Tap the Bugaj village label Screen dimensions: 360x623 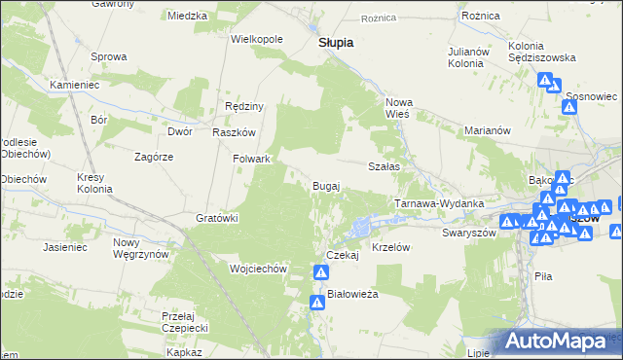click(325, 185)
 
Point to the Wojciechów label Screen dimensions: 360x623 click(257, 268)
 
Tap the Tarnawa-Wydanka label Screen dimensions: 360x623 click(439, 203)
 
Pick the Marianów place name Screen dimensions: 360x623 click(488, 129)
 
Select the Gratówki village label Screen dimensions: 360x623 click(218, 218)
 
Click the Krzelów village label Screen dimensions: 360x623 click(394, 247)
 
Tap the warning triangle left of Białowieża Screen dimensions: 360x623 click(317, 304)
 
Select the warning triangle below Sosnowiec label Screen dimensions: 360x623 click(570, 107)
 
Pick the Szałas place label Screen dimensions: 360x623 click(385, 166)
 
